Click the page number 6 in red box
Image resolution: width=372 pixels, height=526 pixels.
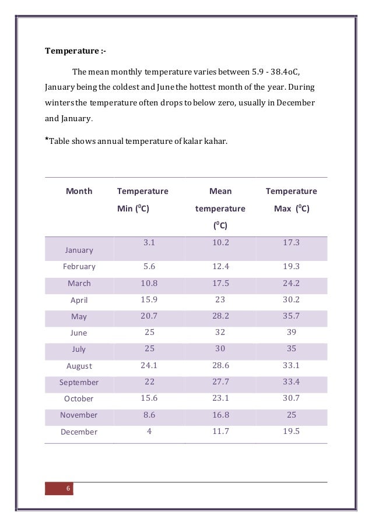pos(68,488)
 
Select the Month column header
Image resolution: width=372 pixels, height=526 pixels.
pos(79,191)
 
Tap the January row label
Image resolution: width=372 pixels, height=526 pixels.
pos(79,250)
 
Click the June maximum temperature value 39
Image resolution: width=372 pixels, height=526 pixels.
pos(292,332)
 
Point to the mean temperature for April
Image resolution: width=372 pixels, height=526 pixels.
pos(220,299)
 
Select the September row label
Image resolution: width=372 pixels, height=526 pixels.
pos(79,383)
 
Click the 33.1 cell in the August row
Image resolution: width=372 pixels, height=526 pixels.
pos(292,365)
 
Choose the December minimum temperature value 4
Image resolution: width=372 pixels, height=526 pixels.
pos(149,431)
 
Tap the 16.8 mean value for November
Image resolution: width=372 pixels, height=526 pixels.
pos(220,415)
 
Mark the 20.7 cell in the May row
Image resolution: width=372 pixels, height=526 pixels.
pos(149,316)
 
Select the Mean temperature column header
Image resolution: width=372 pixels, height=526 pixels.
pos(220,208)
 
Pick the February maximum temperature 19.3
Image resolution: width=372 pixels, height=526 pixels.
pos(292,266)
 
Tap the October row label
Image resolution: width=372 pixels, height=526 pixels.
pos(79,399)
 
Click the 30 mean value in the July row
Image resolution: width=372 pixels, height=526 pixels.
pos(220,349)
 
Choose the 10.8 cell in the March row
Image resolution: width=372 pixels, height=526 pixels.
pos(149,283)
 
